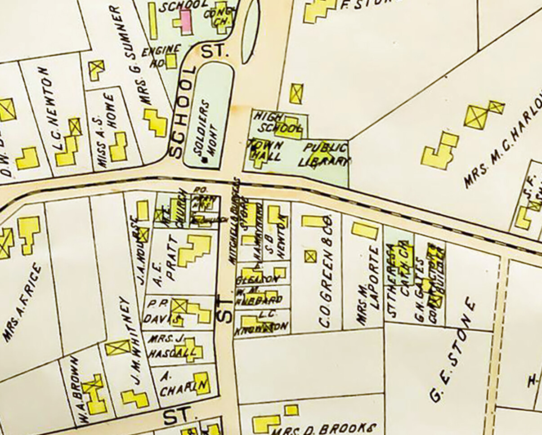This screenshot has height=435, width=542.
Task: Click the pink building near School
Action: coord(186,19)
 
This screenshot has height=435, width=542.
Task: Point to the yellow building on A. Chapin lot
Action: coord(202,383)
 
